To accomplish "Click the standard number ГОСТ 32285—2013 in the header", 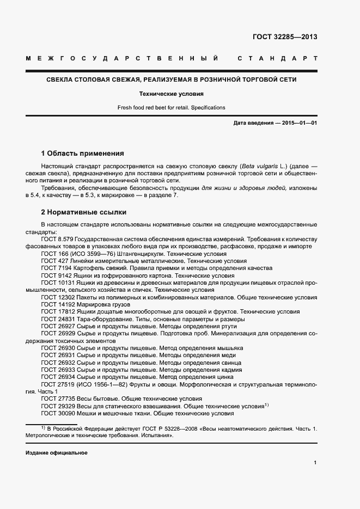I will [285, 37].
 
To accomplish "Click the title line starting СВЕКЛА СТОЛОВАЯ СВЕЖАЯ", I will [171, 79].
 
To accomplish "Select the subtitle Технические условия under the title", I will [170, 94].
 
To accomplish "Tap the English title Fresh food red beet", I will [171, 107].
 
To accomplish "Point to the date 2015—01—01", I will [300, 123].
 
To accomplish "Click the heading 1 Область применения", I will [82, 154].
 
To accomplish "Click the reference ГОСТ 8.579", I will [57, 239].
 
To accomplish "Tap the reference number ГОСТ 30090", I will [58, 413].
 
